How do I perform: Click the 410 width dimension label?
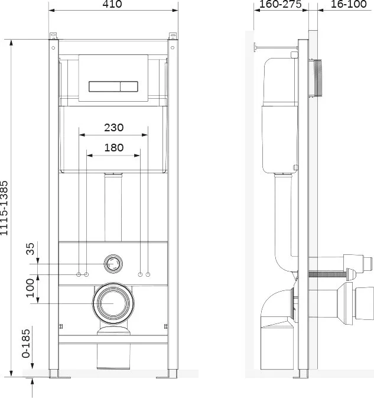[112, 4]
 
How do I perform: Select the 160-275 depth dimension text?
[281, 4]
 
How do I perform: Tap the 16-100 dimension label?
[349, 4]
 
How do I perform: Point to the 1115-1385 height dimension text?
[4, 208]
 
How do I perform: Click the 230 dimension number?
[114, 127]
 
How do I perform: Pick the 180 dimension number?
[114, 147]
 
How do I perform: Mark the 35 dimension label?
[30, 249]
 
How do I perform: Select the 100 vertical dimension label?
[30, 288]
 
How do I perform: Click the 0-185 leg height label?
[25, 344]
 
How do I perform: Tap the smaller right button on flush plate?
[129, 86]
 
